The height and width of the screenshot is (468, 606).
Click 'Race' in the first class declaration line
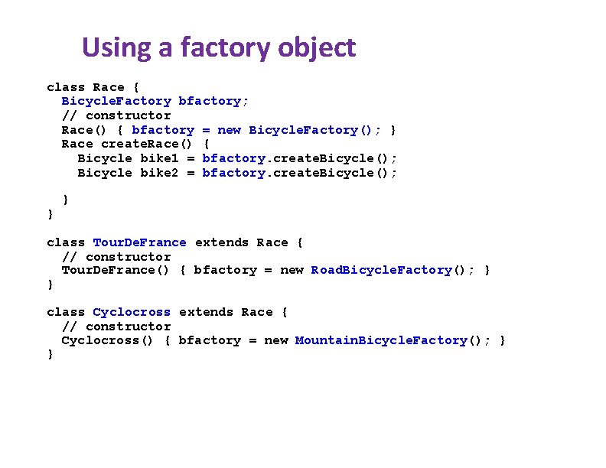(108, 87)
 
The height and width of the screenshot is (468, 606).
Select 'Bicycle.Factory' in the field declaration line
(116, 101)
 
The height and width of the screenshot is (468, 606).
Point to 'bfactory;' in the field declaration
(213, 101)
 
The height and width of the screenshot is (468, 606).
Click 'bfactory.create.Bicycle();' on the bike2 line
(299, 173)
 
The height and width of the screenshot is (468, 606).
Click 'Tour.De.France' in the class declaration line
(139, 242)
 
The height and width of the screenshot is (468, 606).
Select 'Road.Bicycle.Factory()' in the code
(389, 270)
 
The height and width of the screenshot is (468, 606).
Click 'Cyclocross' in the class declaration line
(132, 312)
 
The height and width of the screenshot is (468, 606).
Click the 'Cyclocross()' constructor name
(108, 340)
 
